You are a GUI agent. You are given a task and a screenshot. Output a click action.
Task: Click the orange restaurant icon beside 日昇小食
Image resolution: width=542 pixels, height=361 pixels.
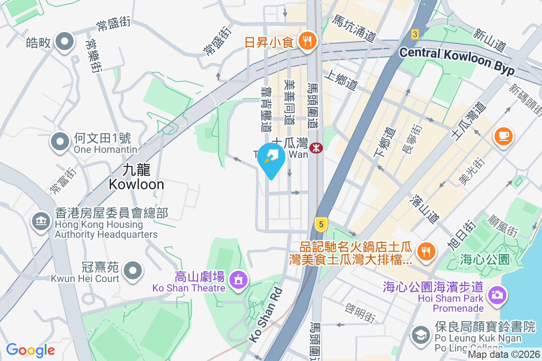[x=309, y=42]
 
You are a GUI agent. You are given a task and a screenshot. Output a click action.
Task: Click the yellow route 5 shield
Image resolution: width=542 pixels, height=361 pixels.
[x=321, y=223]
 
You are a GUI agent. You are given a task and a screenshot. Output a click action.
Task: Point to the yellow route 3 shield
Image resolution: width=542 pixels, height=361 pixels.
[x=415, y=33]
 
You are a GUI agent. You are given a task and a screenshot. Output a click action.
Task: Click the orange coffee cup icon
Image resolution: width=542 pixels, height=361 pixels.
[x=504, y=135]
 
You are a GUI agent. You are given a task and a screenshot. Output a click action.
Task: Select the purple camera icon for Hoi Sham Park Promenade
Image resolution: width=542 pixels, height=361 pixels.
[x=497, y=296]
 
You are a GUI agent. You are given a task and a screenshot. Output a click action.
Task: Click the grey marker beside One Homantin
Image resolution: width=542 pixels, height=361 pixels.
[x=61, y=141]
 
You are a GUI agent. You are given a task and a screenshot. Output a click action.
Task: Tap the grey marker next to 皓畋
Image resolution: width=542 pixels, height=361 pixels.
[x=64, y=42]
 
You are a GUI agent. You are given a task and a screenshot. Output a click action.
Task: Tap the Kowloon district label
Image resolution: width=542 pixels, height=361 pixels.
[x=136, y=177]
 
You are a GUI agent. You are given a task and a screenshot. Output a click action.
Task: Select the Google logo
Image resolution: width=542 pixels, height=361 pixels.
[x=30, y=350]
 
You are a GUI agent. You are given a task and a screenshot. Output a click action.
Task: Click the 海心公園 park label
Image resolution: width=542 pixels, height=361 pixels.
[x=485, y=259]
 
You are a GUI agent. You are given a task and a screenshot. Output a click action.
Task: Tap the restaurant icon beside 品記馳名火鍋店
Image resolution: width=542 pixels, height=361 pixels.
[x=425, y=252]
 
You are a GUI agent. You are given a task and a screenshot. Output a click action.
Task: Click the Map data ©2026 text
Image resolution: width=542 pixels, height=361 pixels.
[x=504, y=355]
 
